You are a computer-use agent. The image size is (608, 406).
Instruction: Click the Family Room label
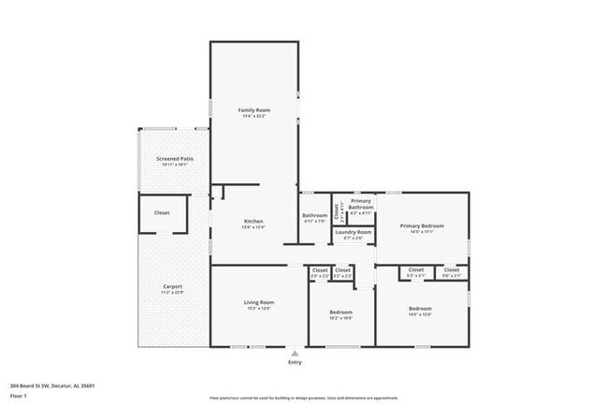coord(253,110)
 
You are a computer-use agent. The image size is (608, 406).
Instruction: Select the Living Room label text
coord(259,302)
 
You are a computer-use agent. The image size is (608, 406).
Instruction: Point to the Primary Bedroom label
coord(422,225)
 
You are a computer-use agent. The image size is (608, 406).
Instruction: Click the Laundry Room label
coord(354,232)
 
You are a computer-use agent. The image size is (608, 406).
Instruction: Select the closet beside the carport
coord(162,212)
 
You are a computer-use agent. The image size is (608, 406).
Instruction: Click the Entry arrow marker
coord(296,354)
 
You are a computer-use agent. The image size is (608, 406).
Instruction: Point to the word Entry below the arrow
coord(296,362)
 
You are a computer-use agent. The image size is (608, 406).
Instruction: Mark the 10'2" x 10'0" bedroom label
coord(341,312)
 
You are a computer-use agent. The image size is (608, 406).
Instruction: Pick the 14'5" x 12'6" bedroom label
coord(420,309)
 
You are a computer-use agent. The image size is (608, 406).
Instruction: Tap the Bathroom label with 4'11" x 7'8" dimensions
coord(314,216)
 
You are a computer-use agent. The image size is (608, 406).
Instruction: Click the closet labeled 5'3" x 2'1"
coord(415,271)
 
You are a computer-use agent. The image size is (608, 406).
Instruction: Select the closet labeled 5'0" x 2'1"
coord(452,271)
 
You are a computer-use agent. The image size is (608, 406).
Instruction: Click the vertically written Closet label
coord(336,210)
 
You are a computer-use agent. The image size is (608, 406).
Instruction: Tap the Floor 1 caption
coord(19,396)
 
